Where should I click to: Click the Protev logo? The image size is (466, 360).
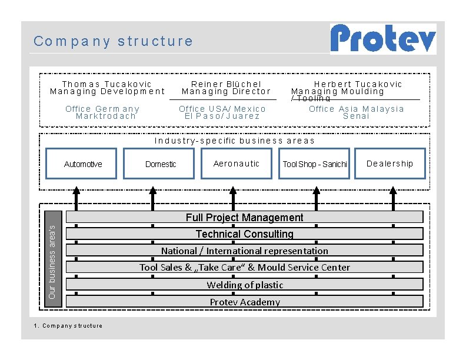383,39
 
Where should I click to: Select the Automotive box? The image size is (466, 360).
81,164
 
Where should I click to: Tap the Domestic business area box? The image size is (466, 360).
159,164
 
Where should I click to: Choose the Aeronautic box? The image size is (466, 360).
237,164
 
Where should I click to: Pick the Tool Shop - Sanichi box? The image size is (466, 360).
314,164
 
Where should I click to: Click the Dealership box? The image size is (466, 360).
390,164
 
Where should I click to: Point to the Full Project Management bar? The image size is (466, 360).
245,217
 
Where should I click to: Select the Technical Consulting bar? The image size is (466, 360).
245,234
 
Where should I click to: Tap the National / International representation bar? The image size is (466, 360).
245,251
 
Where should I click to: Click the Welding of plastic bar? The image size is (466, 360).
245,285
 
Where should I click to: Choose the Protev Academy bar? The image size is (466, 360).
245,302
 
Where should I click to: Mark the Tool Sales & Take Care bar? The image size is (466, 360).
245,267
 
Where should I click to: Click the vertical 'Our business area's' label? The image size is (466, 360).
53,259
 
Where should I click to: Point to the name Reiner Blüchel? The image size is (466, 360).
226,84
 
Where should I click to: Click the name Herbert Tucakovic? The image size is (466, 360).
358,84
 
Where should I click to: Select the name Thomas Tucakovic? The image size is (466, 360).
106,84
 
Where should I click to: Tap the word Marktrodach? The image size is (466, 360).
106,116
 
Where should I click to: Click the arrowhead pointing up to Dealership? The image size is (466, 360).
393,191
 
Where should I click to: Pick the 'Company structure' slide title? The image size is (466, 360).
113,41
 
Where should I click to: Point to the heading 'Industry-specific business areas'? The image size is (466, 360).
234,141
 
